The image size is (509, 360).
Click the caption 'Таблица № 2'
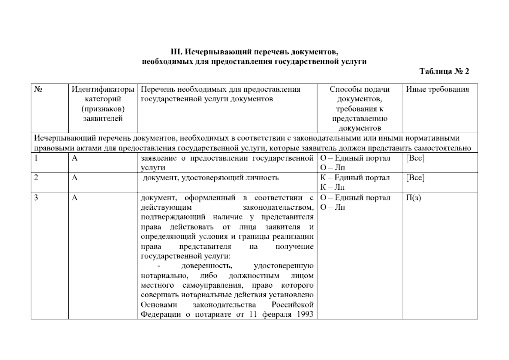click(x=444, y=71)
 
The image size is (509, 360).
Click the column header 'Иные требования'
click(x=437, y=89)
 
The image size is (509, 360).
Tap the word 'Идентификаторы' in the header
click(x=103, y=89)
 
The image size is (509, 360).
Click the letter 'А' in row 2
click(x=75, y=178)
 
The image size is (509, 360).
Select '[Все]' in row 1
click(x=415, y=158)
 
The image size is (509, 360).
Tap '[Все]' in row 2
click(x=415, y=178)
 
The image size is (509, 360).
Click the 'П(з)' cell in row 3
click(x=413, y=198)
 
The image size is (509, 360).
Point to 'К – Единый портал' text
click(x=355, y=178)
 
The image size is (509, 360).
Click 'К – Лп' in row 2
click(x=333, y=187)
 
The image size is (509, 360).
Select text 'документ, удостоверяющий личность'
click(x=211, y=178)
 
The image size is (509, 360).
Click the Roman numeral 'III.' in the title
click(x=176, y=52)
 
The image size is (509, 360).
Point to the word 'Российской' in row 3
click(x=292, y=305)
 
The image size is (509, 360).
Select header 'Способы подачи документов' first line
click(x=359, y=89)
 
